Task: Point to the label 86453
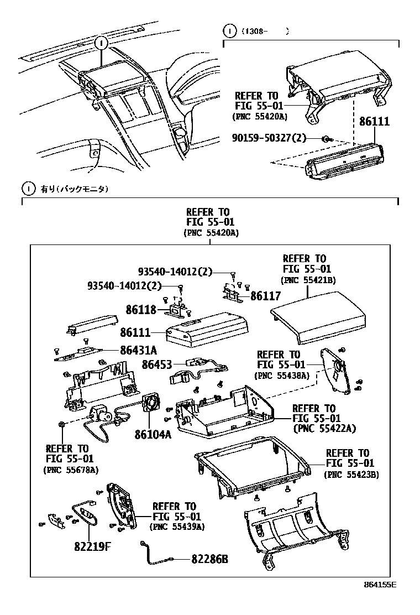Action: pyautogui.click(x=156, y=364)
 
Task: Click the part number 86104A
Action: pyautogui.click(x=153, y=434)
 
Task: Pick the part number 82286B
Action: pyautogui.click(x=209, y=559)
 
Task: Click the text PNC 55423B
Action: pyautogui.click(x=351, y=475)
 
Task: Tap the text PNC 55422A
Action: pyautogui.click(x=324, y=428)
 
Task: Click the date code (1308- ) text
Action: pyautogui.click(x=264, y=32)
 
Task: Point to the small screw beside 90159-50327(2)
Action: pyautogui.click(x=327, y=138)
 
